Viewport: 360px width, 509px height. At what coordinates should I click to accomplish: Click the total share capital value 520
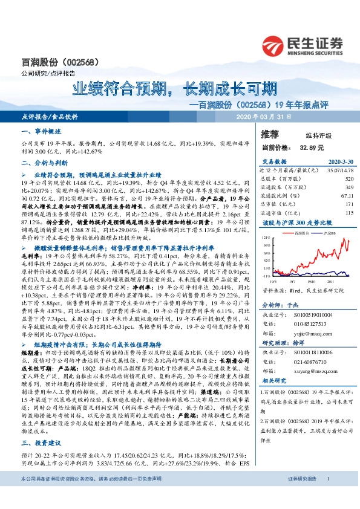(349, 179)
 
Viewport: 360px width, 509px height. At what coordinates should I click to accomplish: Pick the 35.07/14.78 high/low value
(339, 171)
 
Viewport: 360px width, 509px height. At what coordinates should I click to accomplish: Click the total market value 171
(349, 204)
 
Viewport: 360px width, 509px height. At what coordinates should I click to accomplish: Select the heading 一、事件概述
(38, 131)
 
